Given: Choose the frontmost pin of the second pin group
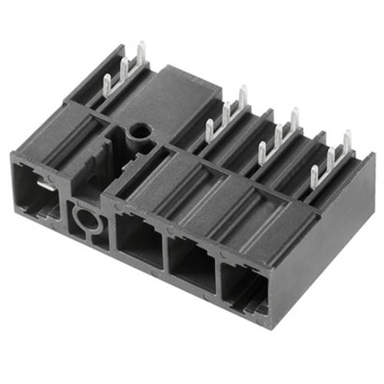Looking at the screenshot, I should pyautogui.click(x=209, y=127).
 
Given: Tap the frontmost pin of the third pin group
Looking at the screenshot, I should pyautogui.click(x=262, y=147).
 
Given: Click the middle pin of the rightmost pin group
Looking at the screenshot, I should pyautogui.click(x=331, y=157).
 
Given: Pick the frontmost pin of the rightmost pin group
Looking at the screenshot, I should pyautogui.click(x=315, y=171).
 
